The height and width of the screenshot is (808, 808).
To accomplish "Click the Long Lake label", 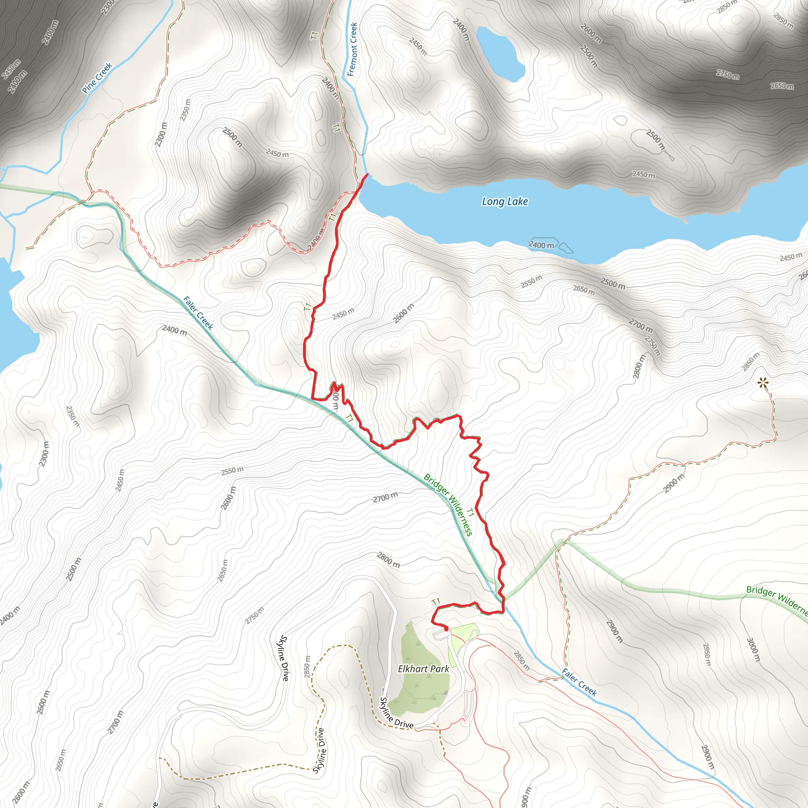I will [505, 202].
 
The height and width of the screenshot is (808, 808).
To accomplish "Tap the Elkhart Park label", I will [423, 669].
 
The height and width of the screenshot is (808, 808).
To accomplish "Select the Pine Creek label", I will [97, 78].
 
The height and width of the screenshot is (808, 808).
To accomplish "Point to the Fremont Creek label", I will [353, 49].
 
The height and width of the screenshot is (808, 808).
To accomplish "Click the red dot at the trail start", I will [446, 628].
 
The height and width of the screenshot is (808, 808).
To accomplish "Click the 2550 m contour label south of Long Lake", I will [531, 281].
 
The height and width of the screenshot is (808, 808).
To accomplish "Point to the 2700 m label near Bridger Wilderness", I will [385, 497].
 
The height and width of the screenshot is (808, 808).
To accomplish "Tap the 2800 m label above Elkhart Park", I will [389, 559].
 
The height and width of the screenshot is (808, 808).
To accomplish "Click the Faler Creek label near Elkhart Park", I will [579, 682].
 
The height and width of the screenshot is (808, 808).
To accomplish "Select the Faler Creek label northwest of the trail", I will [198, 313].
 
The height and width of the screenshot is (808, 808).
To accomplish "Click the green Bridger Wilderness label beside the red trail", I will [448, 504].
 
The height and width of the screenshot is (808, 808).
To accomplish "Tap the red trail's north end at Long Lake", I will [367, 174].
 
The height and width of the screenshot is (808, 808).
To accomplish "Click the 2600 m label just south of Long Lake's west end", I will [404, 313].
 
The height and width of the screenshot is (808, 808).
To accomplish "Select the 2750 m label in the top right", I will [727, 75].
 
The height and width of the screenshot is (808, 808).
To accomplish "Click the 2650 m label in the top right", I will [782, 86].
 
